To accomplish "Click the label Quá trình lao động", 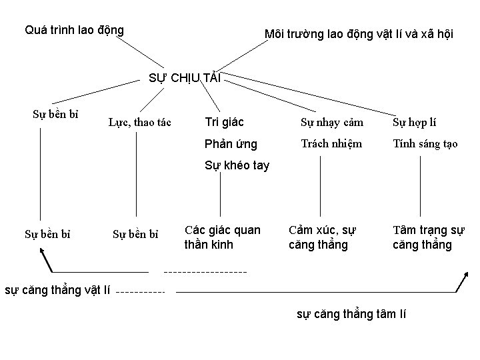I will (74, 30).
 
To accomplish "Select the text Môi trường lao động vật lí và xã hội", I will (359, 34).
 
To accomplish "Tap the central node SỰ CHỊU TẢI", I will (184, 77).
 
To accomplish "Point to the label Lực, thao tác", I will (140, 122).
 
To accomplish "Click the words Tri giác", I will (224, 122).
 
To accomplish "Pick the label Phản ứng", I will (231, 143).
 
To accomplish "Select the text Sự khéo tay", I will (237, 165).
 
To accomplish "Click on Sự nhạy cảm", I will (331, 122).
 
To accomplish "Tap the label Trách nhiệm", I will (331, 143).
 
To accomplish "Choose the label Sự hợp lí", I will (415, 122).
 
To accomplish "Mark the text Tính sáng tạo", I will (425, 143).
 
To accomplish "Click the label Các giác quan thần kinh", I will (222, 237).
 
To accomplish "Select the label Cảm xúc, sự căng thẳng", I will (323, 237).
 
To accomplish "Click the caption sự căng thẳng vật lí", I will (57, 290).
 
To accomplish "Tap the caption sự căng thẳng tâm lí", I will (351, 314).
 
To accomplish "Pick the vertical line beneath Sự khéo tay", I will (221, 197).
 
